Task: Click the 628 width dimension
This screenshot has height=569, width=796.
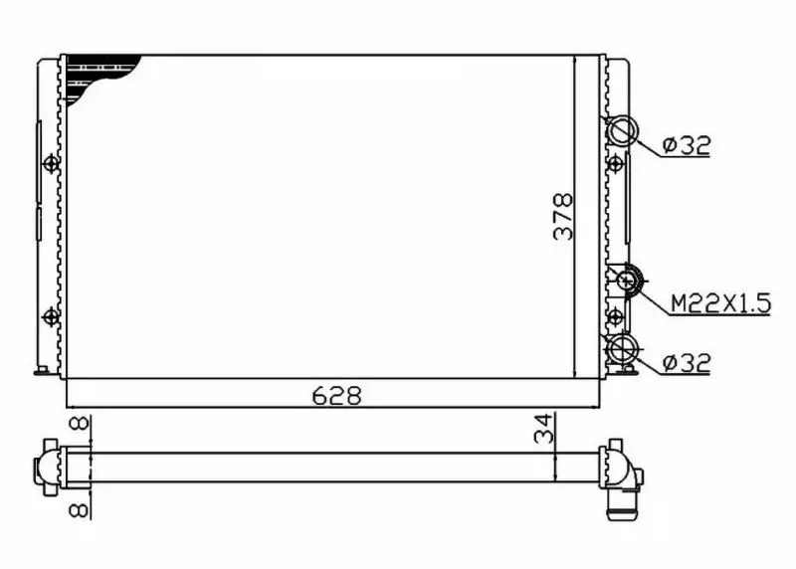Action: (x=336, y=395)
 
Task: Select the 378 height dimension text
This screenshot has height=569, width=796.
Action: (x=563, y=216)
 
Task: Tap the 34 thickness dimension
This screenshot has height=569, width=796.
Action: (x=543, y=429)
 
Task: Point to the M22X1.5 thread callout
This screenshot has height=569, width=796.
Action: (x=720, y=303)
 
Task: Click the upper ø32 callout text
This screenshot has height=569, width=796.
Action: (x=687, y=145)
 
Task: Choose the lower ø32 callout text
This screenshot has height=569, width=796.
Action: (x=687, y=363)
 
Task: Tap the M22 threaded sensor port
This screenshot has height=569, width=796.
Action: (x=628, y=280)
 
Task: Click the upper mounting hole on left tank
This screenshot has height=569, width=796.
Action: (x=51, y=163)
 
